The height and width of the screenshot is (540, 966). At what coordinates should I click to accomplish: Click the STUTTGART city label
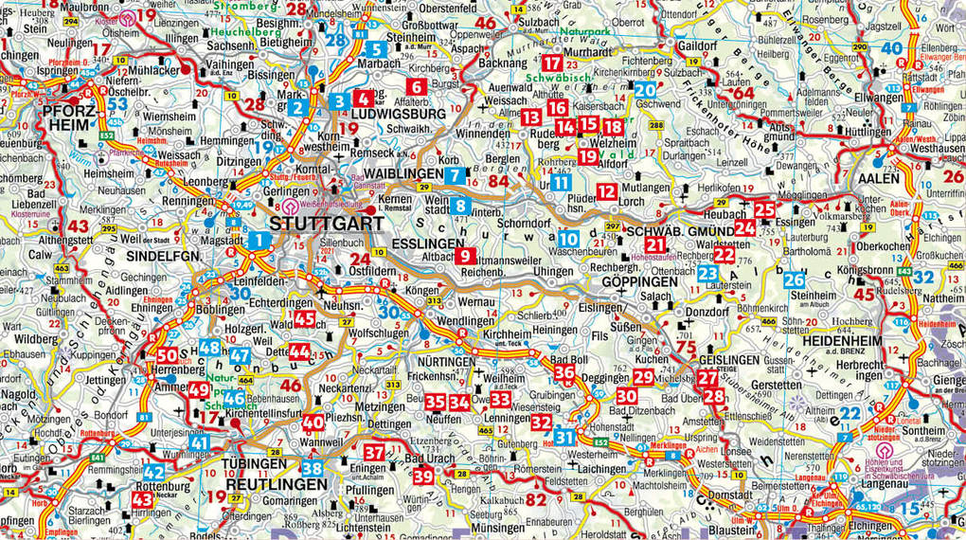[327, 225]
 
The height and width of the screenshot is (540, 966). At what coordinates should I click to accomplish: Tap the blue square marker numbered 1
[259, 241]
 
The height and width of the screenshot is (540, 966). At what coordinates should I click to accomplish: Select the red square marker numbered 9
[466, 256]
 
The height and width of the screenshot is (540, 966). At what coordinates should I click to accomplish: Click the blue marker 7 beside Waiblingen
[455, 175]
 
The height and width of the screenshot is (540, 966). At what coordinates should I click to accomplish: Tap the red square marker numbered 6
[414, 87]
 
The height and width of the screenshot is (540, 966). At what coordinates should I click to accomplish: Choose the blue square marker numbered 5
[375, 49]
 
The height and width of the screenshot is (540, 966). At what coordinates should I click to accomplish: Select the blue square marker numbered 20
[645, 90]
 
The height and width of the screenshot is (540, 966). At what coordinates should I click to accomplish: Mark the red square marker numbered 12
[606, 191]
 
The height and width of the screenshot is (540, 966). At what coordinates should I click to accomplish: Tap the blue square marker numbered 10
[568, 240]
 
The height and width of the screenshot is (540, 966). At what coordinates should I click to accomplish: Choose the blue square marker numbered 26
[794, 279]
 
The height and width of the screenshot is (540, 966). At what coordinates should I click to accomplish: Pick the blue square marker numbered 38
[312, 467]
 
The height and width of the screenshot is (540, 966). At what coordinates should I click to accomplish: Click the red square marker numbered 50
[166, 355]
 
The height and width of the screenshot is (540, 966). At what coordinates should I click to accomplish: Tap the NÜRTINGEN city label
[443, 362]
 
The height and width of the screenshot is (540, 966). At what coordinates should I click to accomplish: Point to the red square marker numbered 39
[423, 477]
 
